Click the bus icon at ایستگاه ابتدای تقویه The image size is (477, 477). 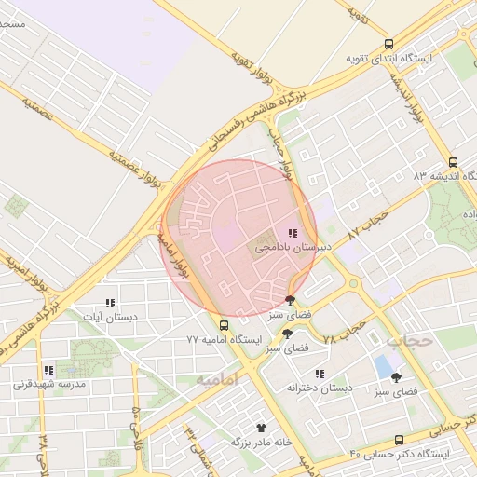pos(388,43)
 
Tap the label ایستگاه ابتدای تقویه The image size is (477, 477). pos(389,58)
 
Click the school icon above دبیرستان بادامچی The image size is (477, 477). pos(292,233)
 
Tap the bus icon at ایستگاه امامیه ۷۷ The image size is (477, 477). pos(224,325)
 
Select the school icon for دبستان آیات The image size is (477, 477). pos(110,303)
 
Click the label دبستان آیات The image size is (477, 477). pos(110,317)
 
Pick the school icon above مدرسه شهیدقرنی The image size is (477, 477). pos(48,370)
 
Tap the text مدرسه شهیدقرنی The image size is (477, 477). pos(48,384)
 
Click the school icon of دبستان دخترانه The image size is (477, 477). pos(320,374)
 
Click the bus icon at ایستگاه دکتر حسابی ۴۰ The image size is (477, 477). pos(400,440)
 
